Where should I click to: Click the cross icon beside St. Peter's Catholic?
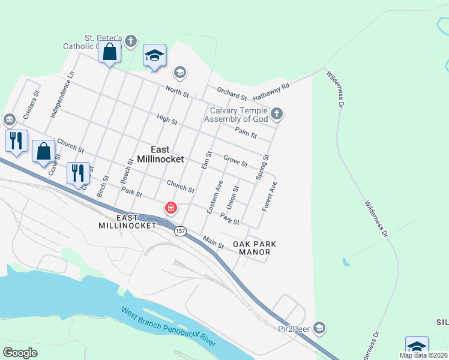tap(131, 41)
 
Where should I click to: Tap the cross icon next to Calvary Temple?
tap(276, 113)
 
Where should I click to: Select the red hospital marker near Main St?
tap(171, 208)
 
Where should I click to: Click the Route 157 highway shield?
tap(181, 231)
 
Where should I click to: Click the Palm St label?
tap(246, 134)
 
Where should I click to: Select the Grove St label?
tap(235, 161)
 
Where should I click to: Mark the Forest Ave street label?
tap(270, 196)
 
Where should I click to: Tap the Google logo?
tap(20, 352)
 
